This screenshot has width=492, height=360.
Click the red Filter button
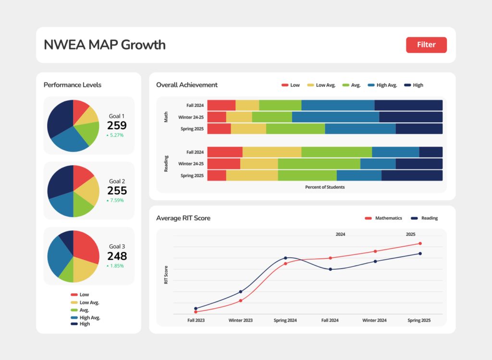point(426,45)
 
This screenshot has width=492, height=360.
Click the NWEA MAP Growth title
point(105,45)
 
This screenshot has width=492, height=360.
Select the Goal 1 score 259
point(117,126)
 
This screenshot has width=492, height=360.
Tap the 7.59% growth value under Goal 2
point(115,200)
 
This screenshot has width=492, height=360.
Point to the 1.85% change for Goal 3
point(115,265)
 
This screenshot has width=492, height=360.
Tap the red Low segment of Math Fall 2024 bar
point(221,105)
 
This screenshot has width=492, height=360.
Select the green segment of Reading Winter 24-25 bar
point(319,164)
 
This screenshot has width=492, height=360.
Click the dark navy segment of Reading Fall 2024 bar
point(430,152)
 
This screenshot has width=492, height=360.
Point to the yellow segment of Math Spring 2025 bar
point(248,129)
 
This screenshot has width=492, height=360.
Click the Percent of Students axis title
point(325,187)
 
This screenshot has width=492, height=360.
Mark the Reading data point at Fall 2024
point(330,269)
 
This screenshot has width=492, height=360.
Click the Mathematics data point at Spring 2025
point(420,243)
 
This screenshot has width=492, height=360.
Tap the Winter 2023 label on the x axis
point(241,320)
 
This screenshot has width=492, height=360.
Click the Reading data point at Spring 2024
point(286,258)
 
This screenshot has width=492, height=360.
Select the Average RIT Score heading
point(183,218)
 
